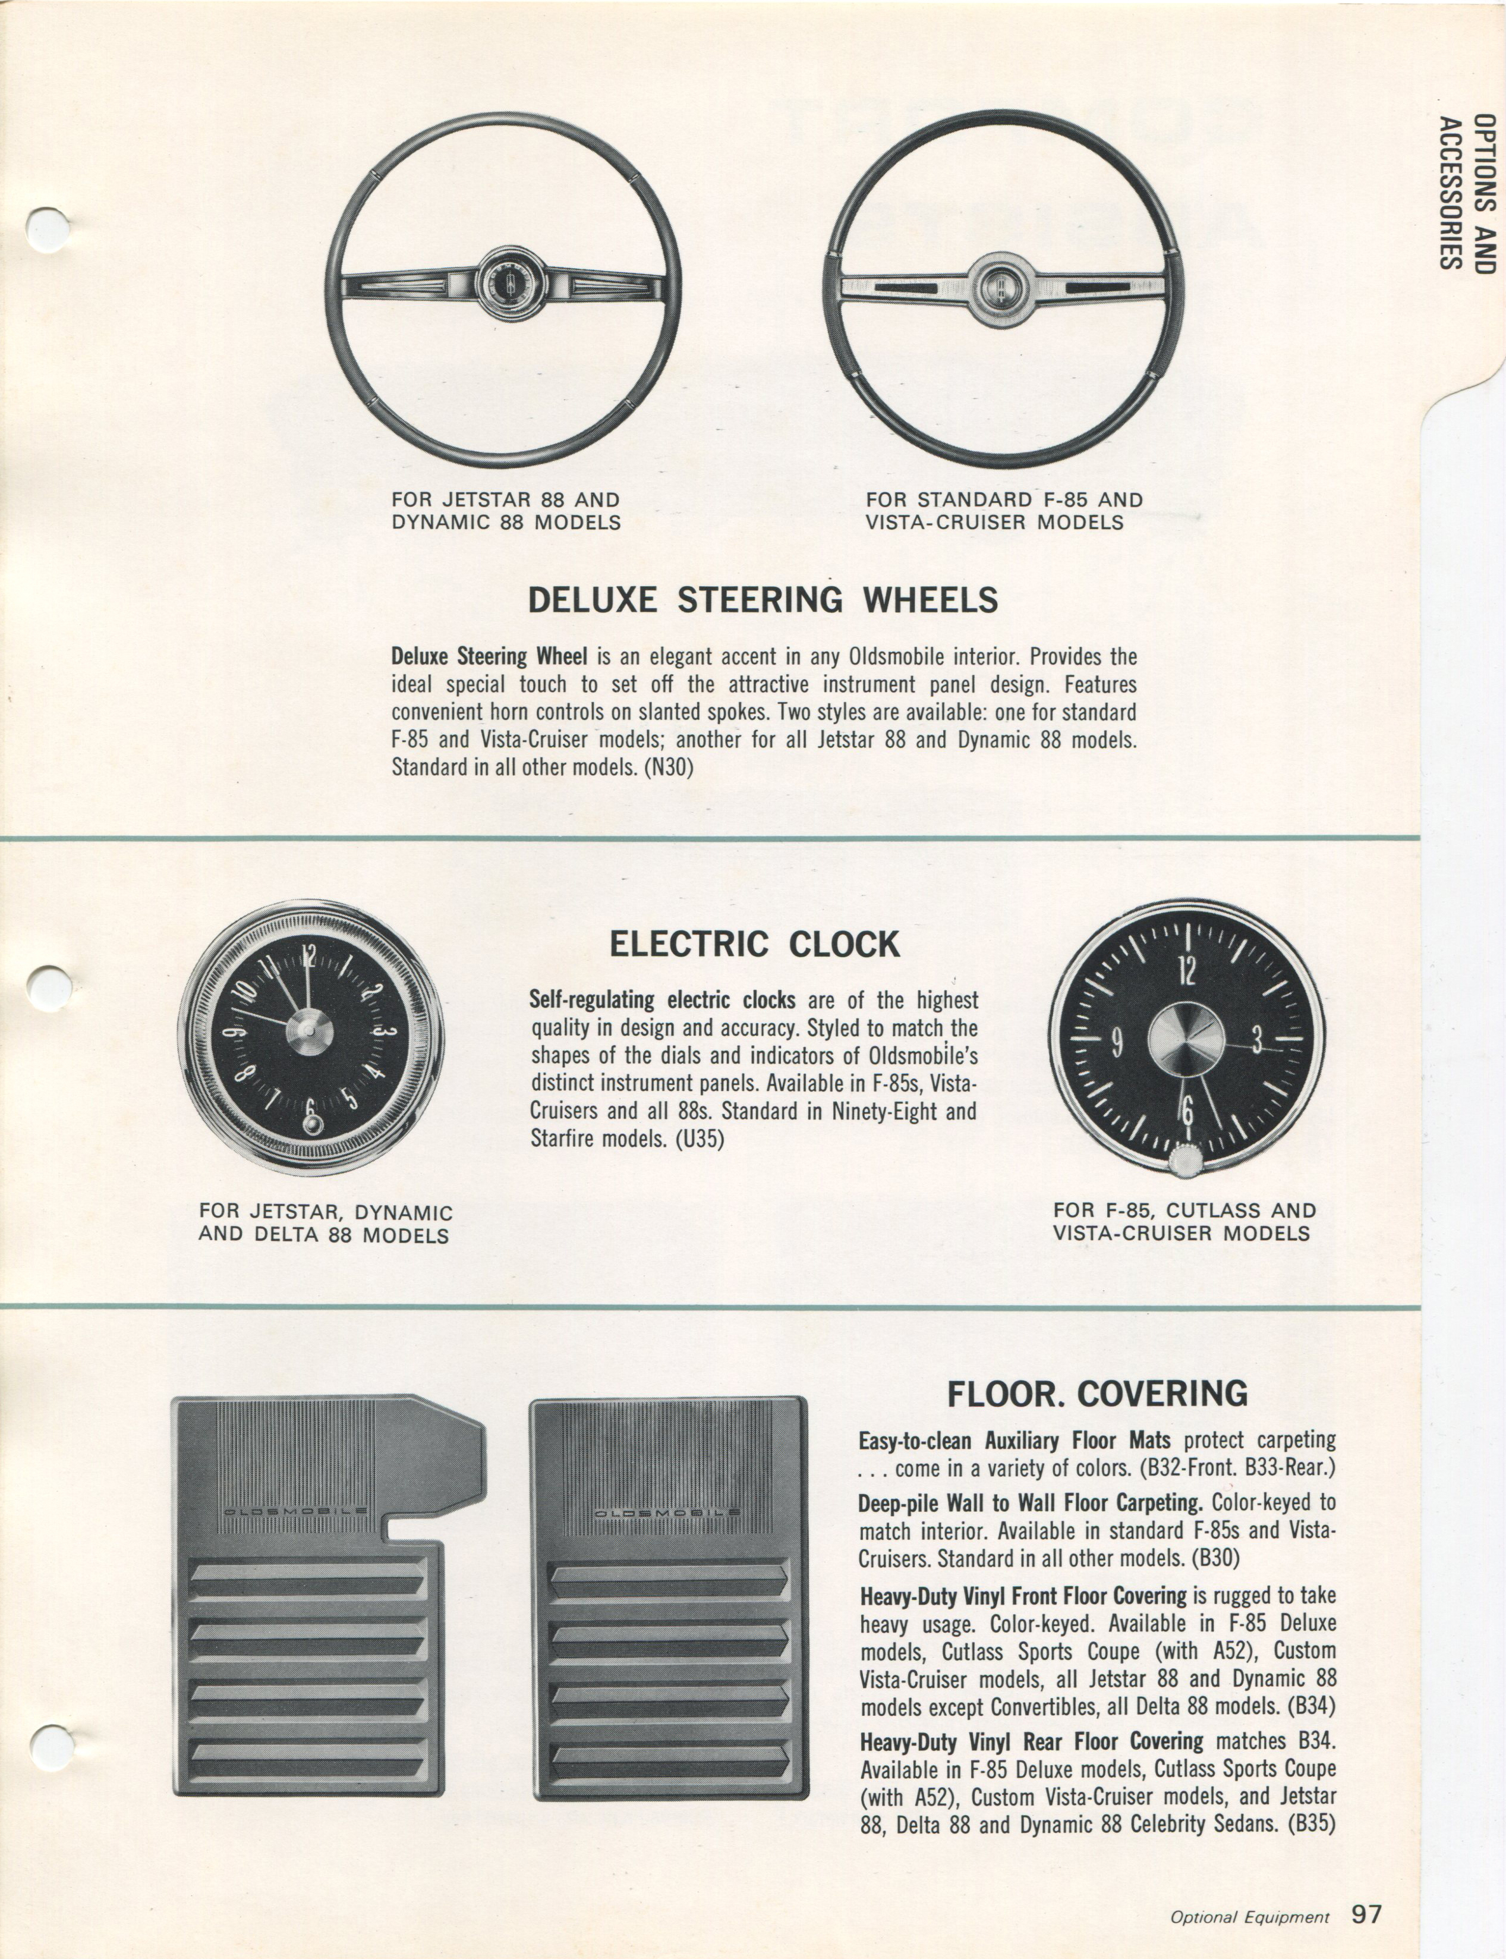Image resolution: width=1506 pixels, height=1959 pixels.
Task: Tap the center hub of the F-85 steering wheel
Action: click(1001, 287)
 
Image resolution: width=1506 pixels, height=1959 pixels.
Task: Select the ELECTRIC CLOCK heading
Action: click(754, 944)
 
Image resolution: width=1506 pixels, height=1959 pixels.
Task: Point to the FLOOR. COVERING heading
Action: click(1097, 1393)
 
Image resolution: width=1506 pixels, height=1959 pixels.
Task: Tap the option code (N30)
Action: click(669, 768)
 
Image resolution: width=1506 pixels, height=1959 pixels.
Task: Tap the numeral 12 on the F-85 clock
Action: click(1187, 970)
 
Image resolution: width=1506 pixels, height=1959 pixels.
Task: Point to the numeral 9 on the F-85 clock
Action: click(1116, 1043)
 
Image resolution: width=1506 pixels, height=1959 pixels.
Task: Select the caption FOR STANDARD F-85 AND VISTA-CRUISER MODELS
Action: click(1004, 511)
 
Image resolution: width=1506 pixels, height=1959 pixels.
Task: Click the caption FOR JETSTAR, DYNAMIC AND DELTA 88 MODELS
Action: click(326, 1224)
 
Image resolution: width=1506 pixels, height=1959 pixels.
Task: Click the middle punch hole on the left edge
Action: click(45, 987)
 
